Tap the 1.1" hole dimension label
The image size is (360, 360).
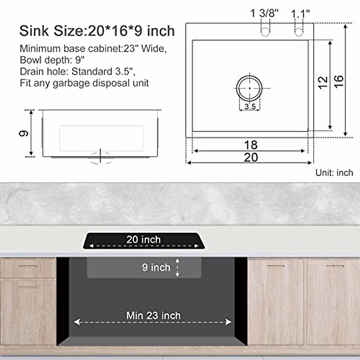coord(300,13)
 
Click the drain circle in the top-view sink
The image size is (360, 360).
coord(249,88)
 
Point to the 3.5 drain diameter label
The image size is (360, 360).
coord(250,106)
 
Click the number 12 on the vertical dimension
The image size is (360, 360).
coord(323,82)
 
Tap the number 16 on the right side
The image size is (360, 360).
coord(338,81)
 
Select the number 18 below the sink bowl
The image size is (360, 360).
coord(251,145)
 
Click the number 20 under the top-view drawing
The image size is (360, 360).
coord(251,157)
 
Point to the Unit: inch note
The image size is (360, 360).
coord(334,173)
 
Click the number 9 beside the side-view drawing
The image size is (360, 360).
coord(24,133)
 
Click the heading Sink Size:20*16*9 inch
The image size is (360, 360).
coord(97,31)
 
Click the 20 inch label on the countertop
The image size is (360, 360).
coord(143,239)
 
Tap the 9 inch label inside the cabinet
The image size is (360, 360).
coord(156,267)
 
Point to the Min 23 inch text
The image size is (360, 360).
coord(153,316)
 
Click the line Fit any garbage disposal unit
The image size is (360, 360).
coord(84,83)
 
